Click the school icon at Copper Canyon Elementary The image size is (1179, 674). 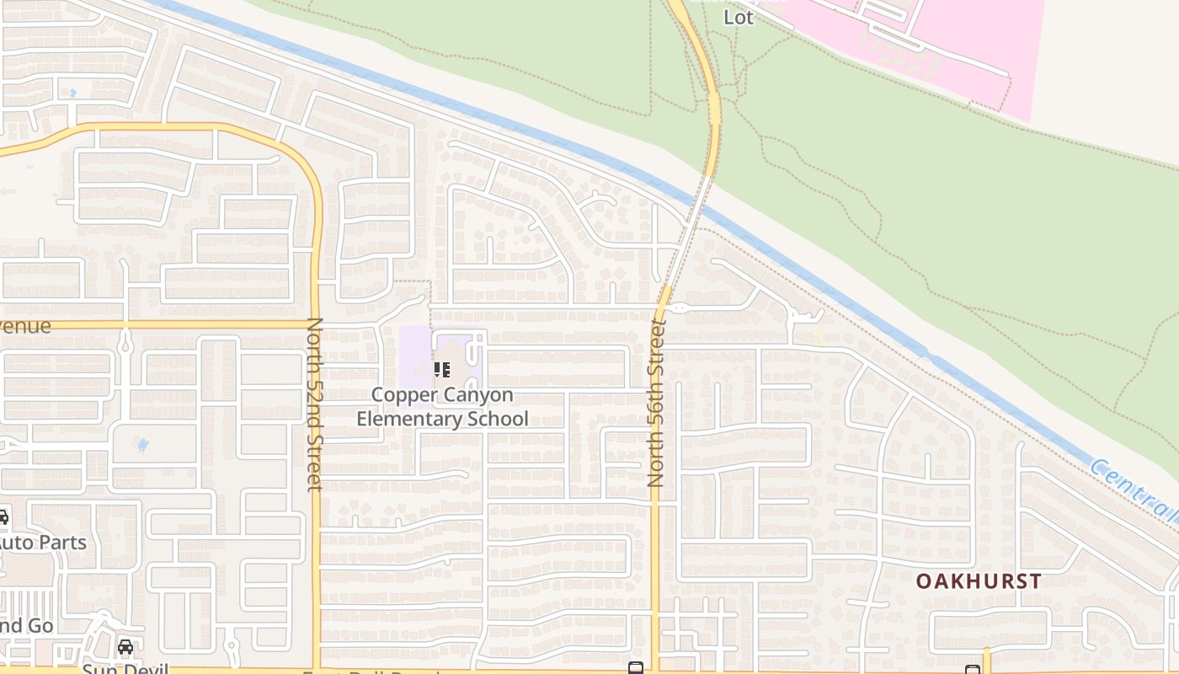click(x=442, y=369)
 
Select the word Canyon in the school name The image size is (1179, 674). click(x=484, y=394)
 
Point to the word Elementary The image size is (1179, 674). click(x=407, y=419)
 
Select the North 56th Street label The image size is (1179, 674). click(x=657, y=403)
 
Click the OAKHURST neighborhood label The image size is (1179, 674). click(x=979, y=581)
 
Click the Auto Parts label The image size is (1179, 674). click(x=42, y=542)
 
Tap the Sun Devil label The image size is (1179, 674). click(x=126, y=668)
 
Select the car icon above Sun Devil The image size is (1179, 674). click(x=125, y=647)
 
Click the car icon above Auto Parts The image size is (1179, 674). click(x=3, y=517)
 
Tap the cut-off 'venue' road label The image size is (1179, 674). click(x=25, y=326)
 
